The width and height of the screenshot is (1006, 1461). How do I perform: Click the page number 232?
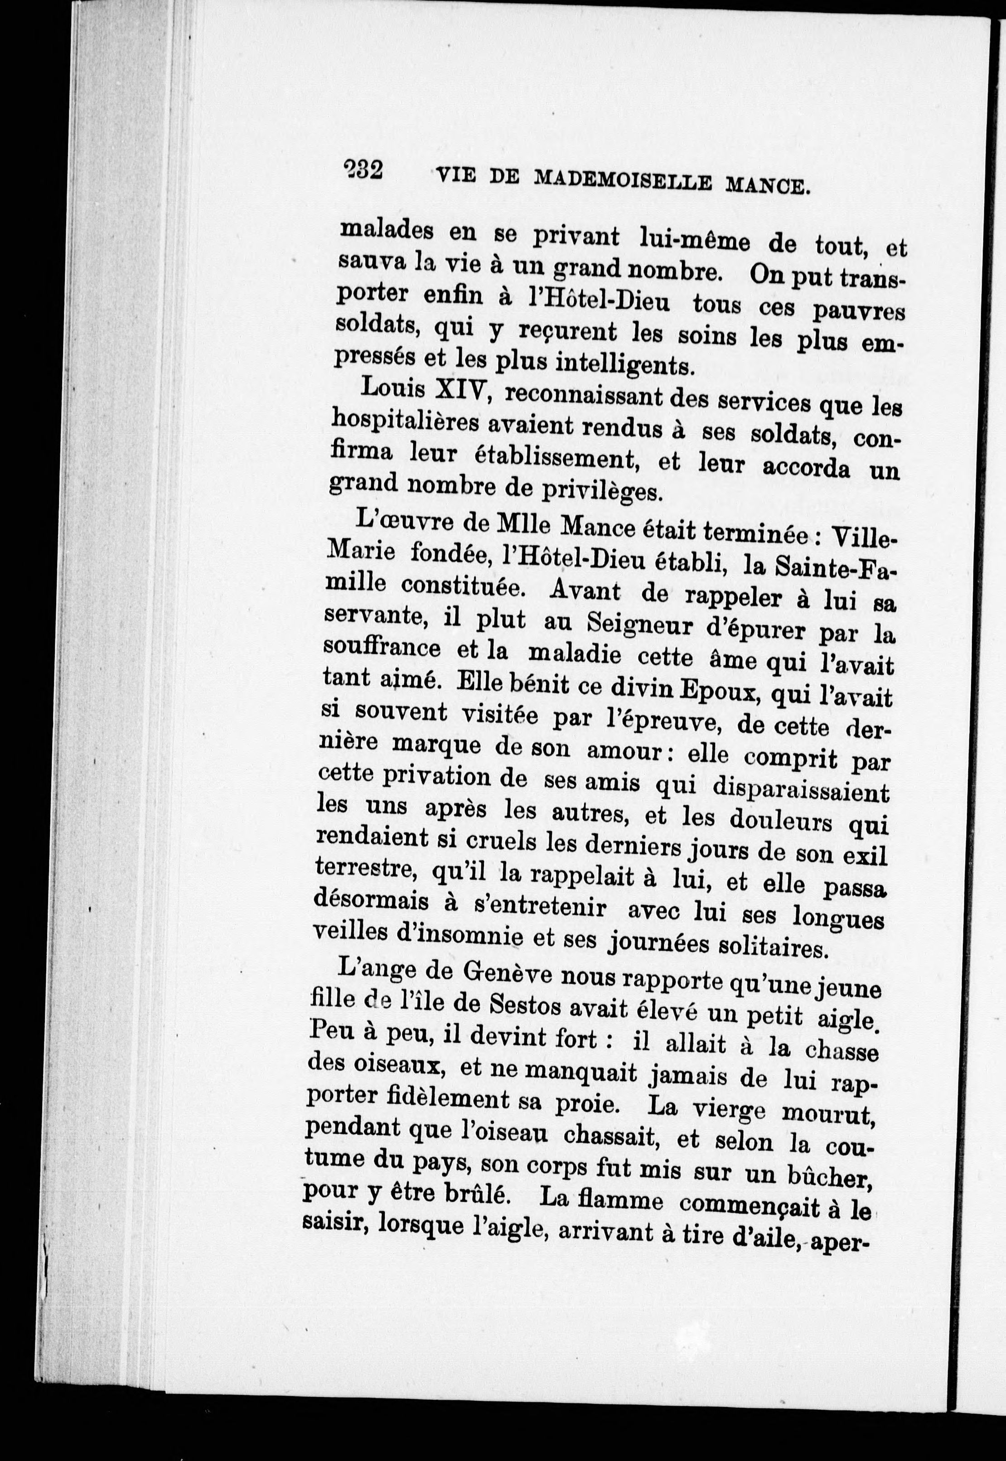coord(364,170)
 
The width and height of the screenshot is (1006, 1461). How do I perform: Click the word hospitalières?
coord(405,423)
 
